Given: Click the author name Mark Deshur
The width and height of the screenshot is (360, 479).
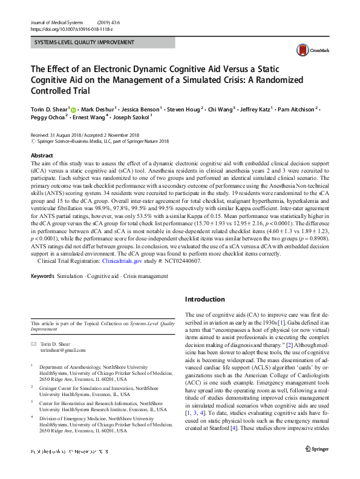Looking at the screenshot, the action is [x=100, y=110].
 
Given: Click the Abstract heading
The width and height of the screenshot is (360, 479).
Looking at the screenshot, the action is [x=42, y=156].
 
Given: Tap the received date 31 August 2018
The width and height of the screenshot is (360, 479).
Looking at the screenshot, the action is [x=64, y=134].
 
